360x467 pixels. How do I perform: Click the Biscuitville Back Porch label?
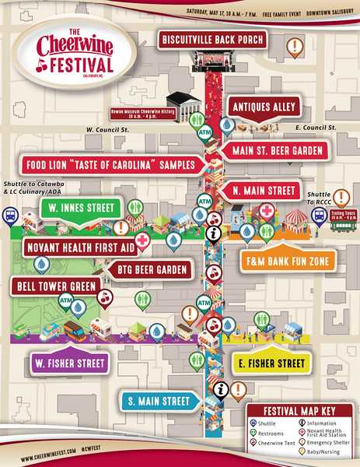pyautogui.click(x=212, y=39)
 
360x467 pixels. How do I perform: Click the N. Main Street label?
pyautogui.click(x=264, y=190)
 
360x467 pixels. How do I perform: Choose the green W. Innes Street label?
pyautogui.click(x=79, y=208)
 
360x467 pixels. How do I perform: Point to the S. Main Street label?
pyautogui.click(x=158, y=402)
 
